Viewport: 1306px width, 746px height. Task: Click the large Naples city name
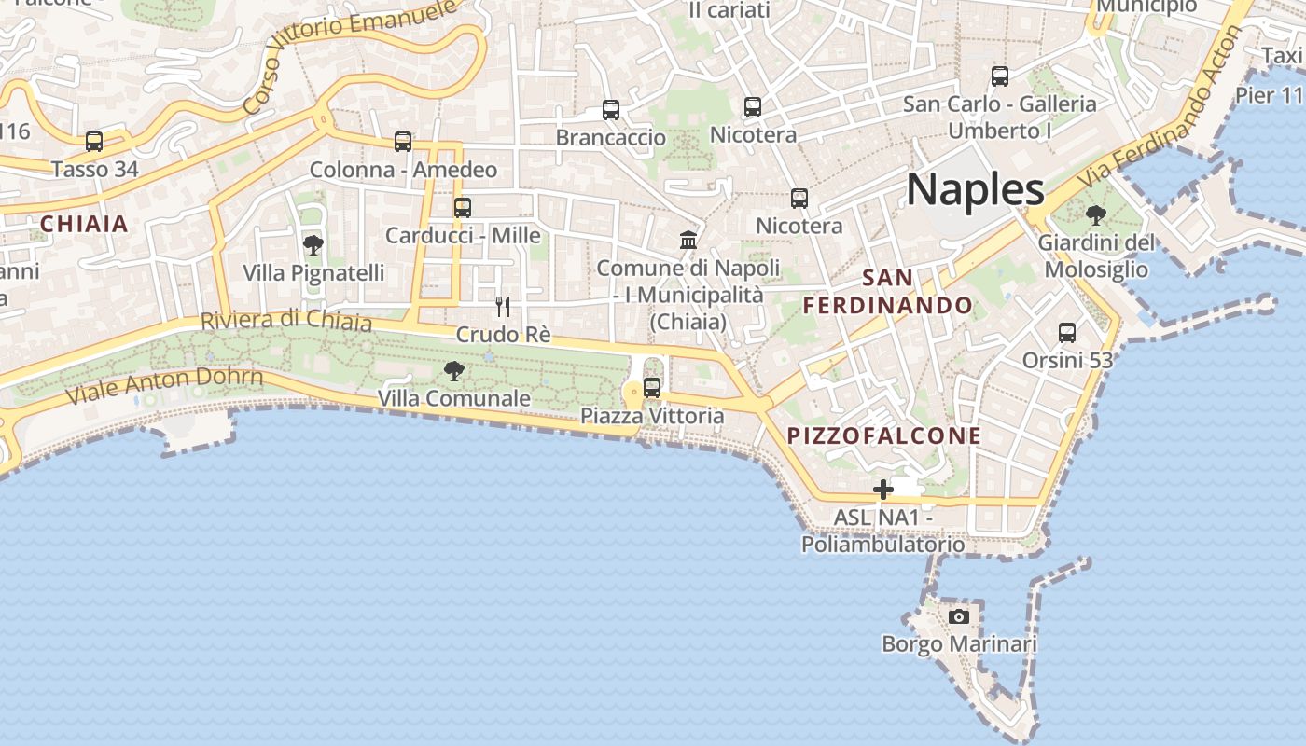tap(975, 189)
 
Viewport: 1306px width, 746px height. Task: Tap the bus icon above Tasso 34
tap(94, 142)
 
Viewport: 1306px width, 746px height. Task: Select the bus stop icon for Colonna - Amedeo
tap(403, 142)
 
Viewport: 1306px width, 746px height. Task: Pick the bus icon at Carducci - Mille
tap(463, 207)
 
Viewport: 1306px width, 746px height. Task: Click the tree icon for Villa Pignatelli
tap(313, 245)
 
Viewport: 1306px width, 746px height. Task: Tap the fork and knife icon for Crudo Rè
tap(503, 306)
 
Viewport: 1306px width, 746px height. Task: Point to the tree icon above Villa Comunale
tap(454, 371)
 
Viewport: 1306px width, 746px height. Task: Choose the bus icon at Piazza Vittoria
tap(652, 387)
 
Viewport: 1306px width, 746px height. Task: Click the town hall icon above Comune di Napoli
tap(688, 241)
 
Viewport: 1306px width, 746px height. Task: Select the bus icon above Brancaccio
tap(611, 110)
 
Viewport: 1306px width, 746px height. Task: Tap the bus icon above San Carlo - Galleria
tap(1000, 76)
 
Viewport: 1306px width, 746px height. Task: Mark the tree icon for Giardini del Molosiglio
tap(1096, 215)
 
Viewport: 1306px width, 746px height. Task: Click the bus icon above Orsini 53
tap(1067, 333)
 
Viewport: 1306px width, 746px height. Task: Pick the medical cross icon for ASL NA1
tap(882, 489)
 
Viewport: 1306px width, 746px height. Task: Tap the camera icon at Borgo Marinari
tap(959, 616)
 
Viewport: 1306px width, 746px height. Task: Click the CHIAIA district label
tap(84, 224)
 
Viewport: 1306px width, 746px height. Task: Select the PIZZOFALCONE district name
tap(883, 435)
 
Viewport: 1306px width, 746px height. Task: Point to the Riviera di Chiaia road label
tap(286, 320)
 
